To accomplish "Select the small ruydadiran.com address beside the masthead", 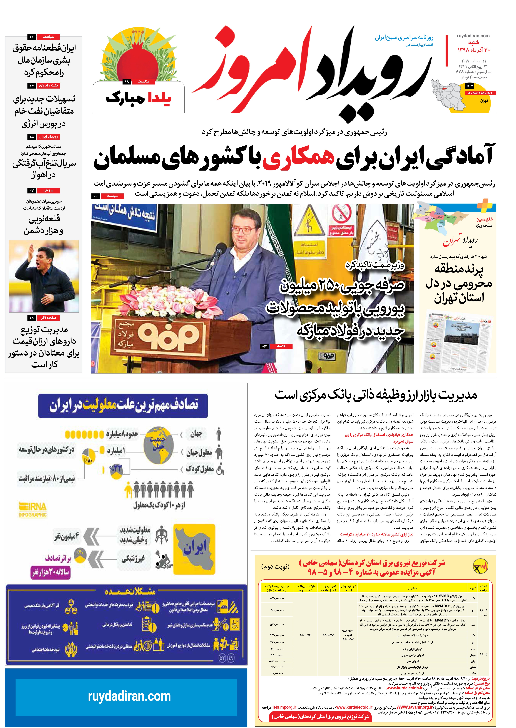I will [x=473, y=36].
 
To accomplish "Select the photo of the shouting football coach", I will [x=44, y=276].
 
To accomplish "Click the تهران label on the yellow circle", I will [x=484, y=101].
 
